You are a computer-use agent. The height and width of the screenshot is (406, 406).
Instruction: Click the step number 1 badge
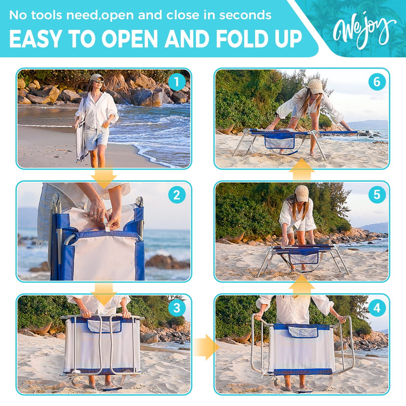point(177,82)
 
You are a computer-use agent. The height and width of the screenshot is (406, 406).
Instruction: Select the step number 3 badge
point(177,308)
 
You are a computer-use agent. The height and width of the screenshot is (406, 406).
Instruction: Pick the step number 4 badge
point(377,308)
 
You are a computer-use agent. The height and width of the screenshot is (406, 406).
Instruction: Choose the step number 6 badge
point(377,82)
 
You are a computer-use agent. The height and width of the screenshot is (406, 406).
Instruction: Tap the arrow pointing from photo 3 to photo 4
point(204,347)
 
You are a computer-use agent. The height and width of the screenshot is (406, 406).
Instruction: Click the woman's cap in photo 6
point(315,86)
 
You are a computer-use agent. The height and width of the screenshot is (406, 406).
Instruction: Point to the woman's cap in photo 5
point(301,192)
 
